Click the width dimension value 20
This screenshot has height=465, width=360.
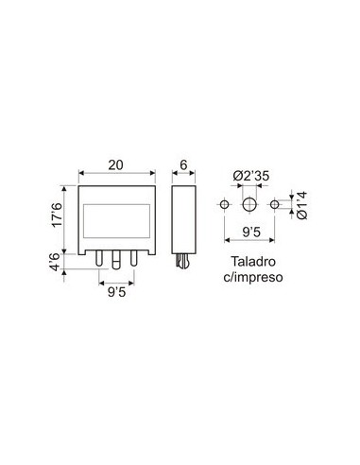[x=117, y=164]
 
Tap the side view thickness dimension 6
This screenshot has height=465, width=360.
[x=183, y=164]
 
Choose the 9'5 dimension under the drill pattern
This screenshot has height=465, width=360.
[x=249, y=230]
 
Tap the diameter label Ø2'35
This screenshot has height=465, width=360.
[x=249, y=175]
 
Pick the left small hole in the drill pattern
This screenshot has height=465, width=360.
[x=224, y=204]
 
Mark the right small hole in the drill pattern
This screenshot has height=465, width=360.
[x=275, y=204]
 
